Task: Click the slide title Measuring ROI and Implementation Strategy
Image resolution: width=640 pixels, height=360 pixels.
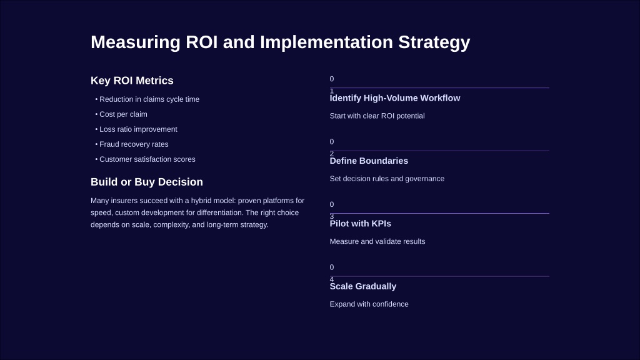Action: tap(281, 42)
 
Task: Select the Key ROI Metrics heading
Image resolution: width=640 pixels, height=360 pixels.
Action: tap(132, 81)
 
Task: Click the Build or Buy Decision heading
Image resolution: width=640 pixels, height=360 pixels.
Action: tap(146, 182)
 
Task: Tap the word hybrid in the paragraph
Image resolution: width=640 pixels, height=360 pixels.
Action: tap(202, 201)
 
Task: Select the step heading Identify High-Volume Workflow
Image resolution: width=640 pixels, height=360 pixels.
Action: tap(395, 98)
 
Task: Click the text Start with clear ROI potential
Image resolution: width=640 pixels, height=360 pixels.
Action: tap(377, 116)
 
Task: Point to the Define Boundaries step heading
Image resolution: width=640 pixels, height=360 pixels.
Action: tap(369, 161)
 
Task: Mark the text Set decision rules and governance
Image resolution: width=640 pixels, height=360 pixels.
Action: tap(387, 179)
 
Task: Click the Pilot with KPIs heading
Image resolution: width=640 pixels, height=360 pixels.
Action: tap(361, 224)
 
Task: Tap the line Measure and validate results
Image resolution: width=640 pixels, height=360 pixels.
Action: tap(377, 242)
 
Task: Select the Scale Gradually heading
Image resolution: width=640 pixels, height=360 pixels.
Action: tap(363, 286)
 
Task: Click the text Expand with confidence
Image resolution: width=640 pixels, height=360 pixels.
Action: tap(369, 304)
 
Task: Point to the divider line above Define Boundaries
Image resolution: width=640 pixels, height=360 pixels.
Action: tap(439, 151)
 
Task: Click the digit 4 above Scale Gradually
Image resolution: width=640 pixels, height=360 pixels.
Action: tap(332, 279)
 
